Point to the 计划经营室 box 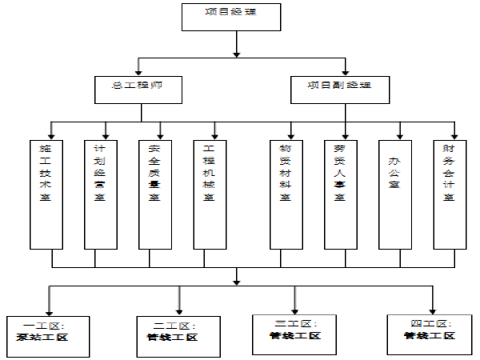[x=100, y=192]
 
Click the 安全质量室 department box [x=154, y=192]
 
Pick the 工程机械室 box [x=210, y=192]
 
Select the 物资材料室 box [x=285, y=192]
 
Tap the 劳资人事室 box [x=339, y=192]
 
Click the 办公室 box [x=394, y=192]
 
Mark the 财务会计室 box [x=449, y=192]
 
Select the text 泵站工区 [x=43, y=338]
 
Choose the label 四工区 [x=422, y=323]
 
